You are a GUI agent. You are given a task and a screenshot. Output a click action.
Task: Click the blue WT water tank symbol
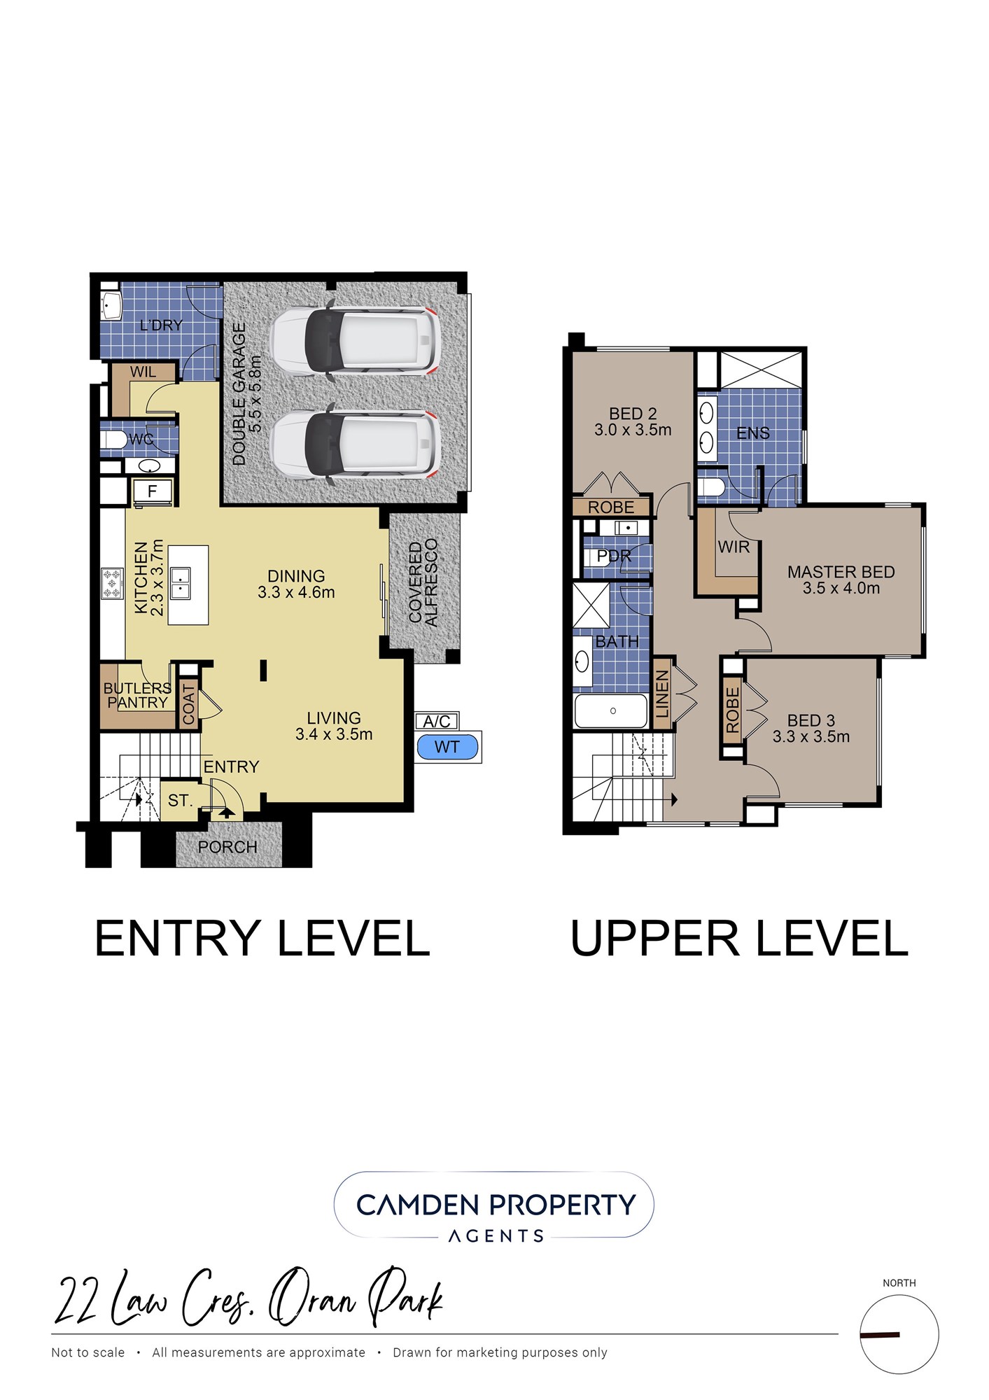click(447, 747)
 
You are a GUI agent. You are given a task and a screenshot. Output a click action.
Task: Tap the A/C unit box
click(437, 721)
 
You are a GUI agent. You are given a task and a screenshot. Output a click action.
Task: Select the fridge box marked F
click(152, 491)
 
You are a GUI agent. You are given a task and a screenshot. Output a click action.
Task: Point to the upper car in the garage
click(356, 339)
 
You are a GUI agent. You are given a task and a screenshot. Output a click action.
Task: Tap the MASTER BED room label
click(841, 572)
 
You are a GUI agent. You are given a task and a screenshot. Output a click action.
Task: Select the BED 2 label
click(633, 414)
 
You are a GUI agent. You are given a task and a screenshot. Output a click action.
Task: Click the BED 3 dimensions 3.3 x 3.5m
click(811, 736)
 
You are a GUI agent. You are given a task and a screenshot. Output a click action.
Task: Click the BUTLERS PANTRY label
click(137, 695)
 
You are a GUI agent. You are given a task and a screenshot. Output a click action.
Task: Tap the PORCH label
click(227, 847)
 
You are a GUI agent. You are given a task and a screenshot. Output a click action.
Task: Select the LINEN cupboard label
click(662, 694)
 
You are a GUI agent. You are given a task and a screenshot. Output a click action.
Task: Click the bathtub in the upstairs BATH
click(611, 710)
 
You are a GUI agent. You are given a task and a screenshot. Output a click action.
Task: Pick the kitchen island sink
click(180, 584)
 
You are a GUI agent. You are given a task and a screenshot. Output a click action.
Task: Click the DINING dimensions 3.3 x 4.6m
click(296, 592)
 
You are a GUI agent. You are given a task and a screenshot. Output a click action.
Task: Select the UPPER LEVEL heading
click(739, 938)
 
